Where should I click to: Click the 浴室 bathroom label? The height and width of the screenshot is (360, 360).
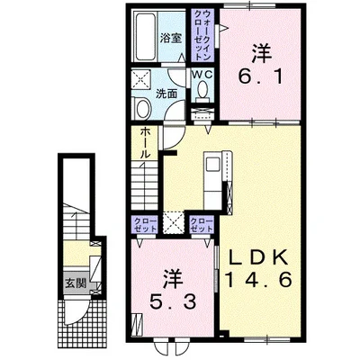171,38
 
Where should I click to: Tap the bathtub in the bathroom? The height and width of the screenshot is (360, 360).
146,37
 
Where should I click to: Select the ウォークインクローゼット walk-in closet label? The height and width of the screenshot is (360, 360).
203,35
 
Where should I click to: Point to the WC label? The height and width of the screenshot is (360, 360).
203,75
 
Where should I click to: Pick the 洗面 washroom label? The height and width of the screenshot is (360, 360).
166,94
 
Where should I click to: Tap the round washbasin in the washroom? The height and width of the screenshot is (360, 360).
143,109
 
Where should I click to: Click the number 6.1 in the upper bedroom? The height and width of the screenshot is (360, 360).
260,77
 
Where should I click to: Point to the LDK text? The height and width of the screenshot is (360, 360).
258,257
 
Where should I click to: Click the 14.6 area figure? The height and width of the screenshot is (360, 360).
258,280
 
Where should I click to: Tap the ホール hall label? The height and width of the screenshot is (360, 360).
145,143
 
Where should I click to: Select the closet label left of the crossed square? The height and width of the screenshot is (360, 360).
146,225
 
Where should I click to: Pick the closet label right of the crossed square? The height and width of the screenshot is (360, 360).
202,225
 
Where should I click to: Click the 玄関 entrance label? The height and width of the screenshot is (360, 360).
76,283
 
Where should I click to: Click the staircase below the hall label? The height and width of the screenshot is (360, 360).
145,185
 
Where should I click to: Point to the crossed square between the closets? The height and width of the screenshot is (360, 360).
174,222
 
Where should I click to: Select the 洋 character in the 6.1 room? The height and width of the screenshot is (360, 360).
262,54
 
